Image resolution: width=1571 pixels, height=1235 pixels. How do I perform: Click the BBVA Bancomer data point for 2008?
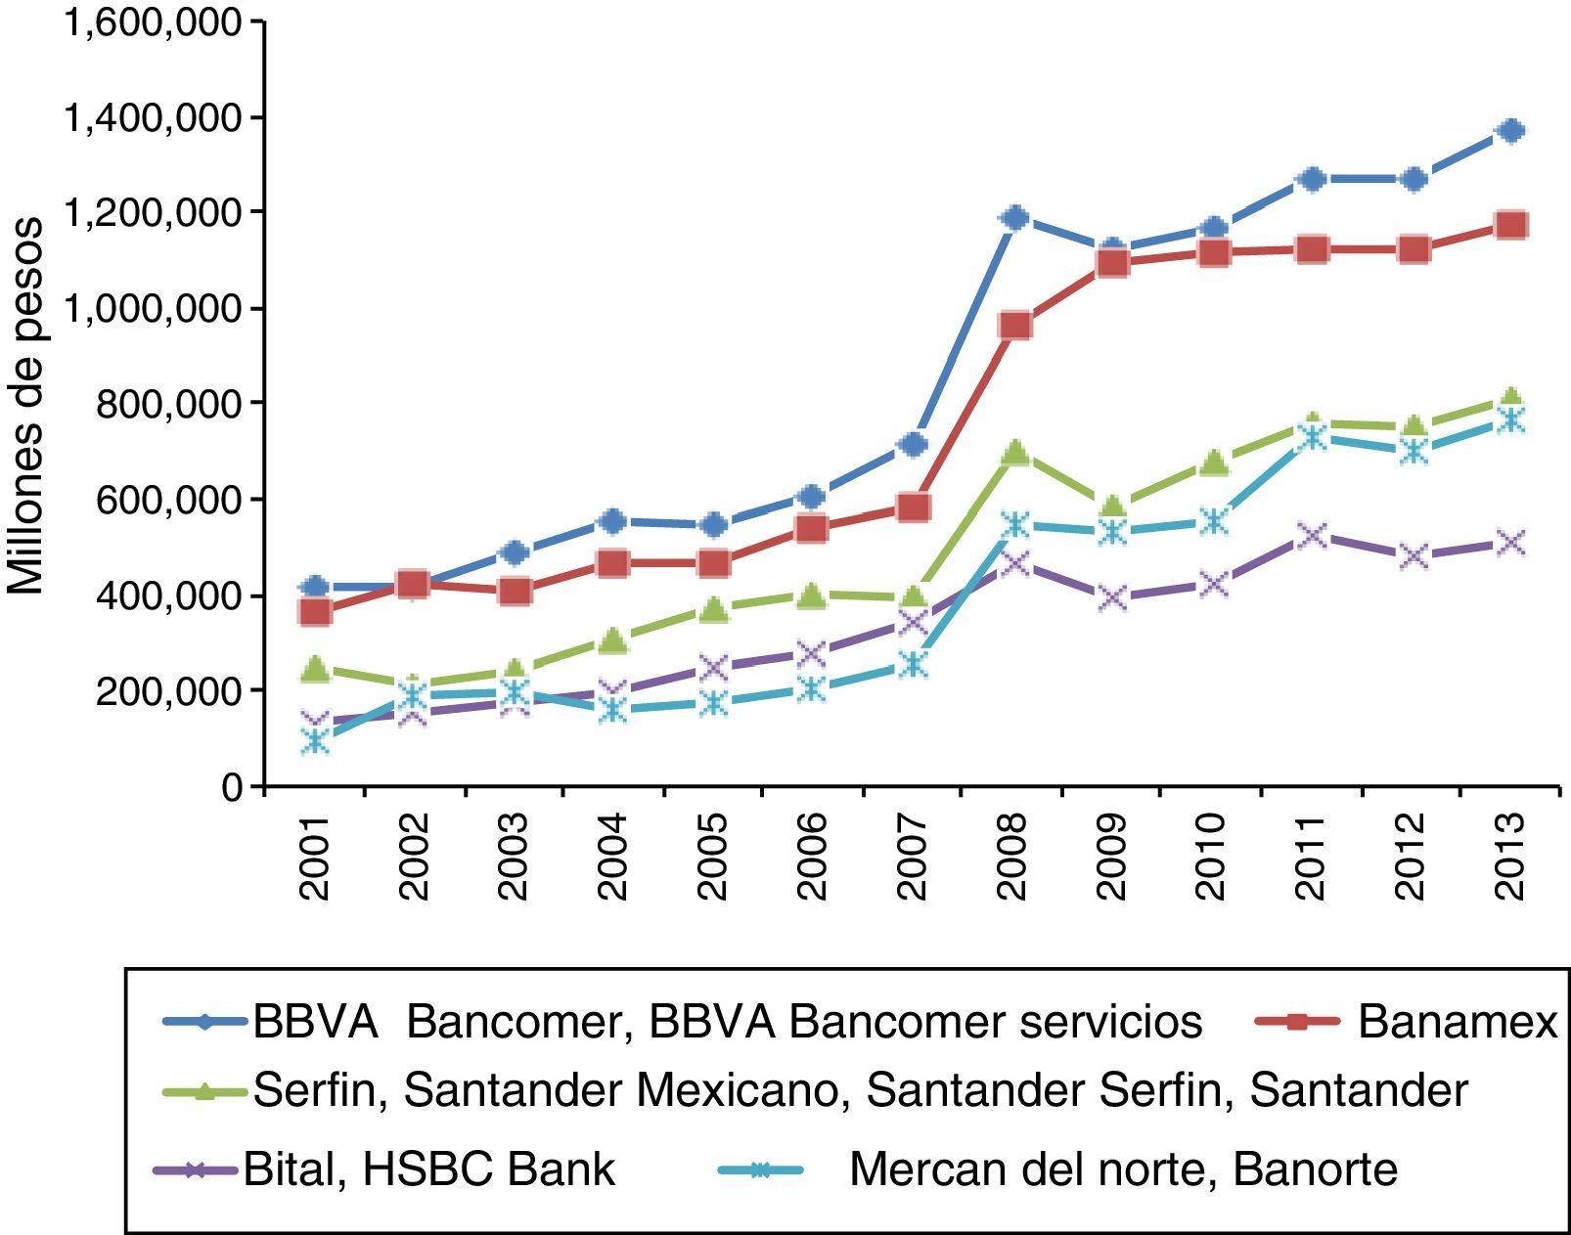tap(1014, 217)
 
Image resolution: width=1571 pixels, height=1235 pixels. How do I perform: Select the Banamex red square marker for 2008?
tap(1014, 326)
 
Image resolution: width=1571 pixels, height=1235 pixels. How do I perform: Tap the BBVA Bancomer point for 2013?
tap(1511, 131)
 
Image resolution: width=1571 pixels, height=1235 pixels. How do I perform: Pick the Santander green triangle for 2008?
tap(1014, 453)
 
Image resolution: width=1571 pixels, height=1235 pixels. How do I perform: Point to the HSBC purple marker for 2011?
tap(1312, 535)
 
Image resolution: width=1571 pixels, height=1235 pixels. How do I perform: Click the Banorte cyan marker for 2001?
tap(314, 740)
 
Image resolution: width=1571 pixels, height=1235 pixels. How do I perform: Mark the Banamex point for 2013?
tap(1511, 226)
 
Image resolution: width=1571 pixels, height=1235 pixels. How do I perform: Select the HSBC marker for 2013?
tap(1511, 543)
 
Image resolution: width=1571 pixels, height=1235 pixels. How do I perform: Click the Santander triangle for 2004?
tap(612, 641)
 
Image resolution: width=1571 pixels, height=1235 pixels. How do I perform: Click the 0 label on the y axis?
tap(232, 786)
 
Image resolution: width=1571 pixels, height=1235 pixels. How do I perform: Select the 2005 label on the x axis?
tap(712, 857)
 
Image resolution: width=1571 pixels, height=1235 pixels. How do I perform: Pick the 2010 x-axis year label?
tap(1210, 857)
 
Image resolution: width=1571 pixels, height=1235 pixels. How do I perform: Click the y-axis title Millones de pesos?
tap(26, 405)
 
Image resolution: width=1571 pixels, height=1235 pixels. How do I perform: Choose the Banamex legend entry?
tap(1457, 1022)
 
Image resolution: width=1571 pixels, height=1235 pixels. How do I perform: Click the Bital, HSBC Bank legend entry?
tap(428, 1169)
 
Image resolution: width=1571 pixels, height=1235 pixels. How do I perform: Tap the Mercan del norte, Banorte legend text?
tap(1123, 1169)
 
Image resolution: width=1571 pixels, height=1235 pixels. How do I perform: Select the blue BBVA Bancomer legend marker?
tap(203, 1022)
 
